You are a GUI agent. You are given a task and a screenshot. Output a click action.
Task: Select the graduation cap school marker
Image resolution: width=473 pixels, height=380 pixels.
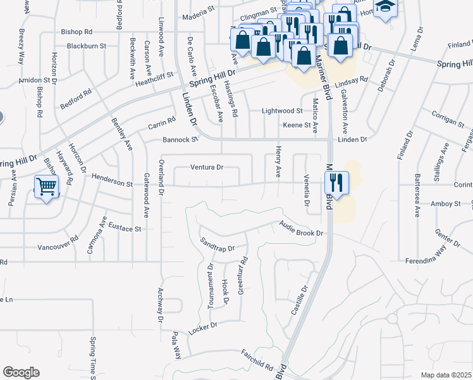384,8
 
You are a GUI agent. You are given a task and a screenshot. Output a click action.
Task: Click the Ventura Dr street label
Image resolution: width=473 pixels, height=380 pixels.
207,168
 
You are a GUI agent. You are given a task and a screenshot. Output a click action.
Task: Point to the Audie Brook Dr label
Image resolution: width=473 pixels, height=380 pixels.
302,229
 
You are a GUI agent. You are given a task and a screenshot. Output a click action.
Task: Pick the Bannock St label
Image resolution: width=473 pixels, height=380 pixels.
180,139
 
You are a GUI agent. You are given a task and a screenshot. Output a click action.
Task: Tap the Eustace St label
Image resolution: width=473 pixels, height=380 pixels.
124,226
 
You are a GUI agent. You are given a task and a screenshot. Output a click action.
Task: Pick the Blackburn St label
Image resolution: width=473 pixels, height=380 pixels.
87,46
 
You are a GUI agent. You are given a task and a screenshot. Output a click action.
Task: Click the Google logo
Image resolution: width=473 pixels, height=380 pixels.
21,372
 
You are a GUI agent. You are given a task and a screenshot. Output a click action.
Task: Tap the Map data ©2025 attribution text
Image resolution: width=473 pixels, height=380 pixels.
446,375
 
